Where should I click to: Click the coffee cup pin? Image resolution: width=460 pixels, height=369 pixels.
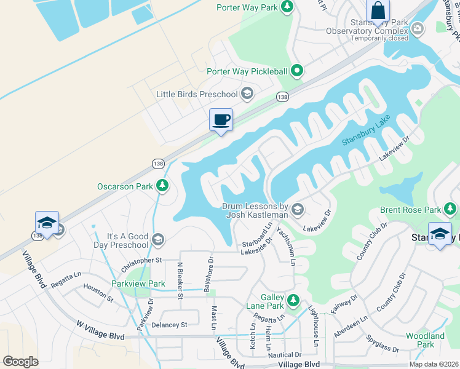[221, 120]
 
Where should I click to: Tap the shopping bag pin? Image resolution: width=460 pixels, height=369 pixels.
[378, 11]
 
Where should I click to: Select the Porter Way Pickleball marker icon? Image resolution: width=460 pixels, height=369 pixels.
[296, 71]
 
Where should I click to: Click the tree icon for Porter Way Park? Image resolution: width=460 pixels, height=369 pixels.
[286, 7]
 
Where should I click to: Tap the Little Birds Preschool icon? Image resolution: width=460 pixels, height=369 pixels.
[247, 93]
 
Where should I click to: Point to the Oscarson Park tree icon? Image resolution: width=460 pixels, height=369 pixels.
[162, 186]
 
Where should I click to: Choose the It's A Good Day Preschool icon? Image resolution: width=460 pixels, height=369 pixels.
[158, 239]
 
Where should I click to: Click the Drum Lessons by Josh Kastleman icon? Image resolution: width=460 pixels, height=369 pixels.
[297, 210]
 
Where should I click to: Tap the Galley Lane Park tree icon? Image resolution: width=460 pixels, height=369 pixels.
[294, 300]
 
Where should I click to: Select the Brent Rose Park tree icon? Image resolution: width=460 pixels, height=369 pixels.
[451, 210]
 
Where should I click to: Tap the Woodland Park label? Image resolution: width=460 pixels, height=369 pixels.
[424, 340]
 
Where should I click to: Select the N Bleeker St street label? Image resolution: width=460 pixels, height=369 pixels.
[180, 280]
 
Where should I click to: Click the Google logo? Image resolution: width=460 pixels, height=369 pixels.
[21, 362]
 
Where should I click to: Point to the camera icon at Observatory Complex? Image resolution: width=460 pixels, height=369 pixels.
[418, 28]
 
